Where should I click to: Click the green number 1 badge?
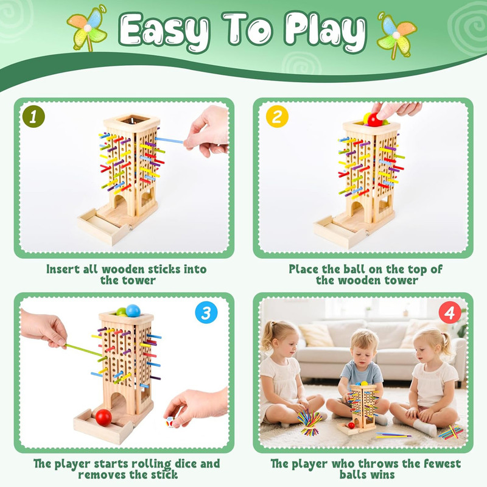pyautogui.click(x=33, y=116)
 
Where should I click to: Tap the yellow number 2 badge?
pyautogui.click(x=277, y=116)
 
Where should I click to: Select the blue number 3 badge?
pyautogui.click(x=206, y=312)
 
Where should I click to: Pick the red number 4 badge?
pyautogui.click(x=450, y=312)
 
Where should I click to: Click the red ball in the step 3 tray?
pyautogui.click(x=103, y=417)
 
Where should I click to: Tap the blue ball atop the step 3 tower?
pyautogui.click(x=133, y=310)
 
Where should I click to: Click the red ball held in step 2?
pyautogui.click(x=375, y=119)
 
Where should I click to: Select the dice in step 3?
pyautogui.click(x=170, y=422)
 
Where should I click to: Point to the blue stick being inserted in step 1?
pyautogui.click(x=169, y=141)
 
